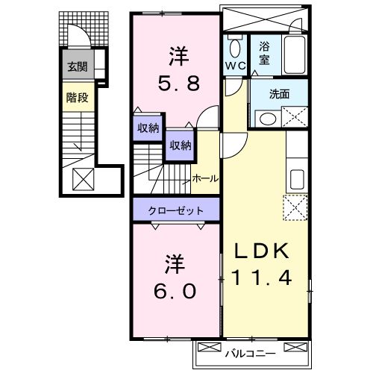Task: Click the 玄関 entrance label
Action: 77,67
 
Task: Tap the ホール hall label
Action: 205,179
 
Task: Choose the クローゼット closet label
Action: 174,210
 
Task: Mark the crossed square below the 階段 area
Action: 81,179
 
